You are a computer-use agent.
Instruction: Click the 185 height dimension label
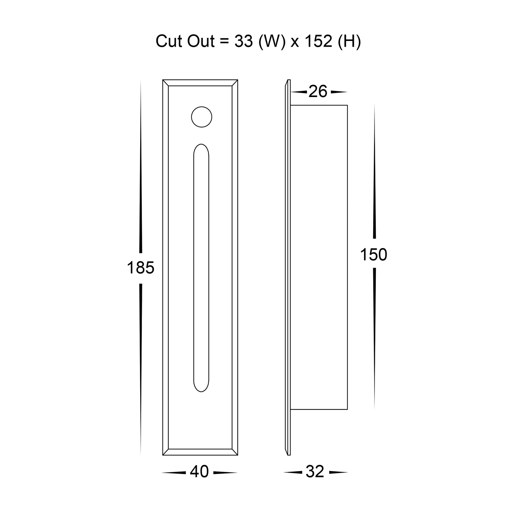pos(141,268)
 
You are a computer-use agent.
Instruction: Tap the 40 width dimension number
pos(199,472)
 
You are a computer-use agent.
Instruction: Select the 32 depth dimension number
pos(315,472)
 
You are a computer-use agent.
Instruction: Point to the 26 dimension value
pos(318,92)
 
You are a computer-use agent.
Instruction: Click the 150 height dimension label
pos(374,255)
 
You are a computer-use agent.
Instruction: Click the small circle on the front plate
pos(202,117)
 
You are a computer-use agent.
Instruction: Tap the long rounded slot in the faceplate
pos(201,267)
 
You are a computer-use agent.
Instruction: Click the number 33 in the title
pos(243,41)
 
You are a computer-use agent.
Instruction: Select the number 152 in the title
pos(318,41)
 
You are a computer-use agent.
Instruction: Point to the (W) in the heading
pos(271,41)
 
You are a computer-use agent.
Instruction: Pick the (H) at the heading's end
pos(349,41)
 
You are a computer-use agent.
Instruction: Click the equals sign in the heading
pos(224,42)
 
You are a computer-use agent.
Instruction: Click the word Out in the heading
pos(201,41)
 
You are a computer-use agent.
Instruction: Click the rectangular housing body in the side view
pos(319,256)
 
